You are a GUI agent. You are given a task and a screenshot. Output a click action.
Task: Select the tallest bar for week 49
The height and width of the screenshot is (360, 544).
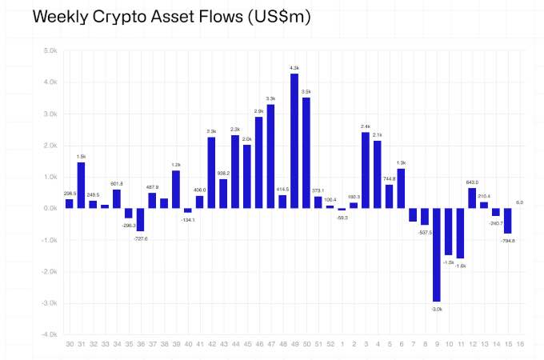(x=294, y=141)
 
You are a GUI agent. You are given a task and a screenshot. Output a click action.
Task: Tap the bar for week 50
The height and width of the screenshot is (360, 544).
(x=306, y=153)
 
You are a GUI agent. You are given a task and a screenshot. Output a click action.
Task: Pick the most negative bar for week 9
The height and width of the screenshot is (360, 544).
(x=437, y=255)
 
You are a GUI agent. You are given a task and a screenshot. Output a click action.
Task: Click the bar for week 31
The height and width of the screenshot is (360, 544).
(x=81, y=186)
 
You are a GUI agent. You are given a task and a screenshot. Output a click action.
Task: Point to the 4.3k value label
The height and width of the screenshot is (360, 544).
(x=294, y=68)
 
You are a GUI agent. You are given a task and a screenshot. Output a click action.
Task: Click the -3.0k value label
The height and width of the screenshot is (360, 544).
(x=437, y=308)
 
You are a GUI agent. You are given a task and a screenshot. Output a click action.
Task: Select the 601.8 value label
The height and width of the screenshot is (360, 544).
(x=117, y=183)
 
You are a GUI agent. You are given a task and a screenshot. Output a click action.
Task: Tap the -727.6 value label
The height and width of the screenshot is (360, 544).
(x=139, y=238)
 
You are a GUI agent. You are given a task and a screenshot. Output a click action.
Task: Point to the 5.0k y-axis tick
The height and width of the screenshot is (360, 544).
(x=50, y=50)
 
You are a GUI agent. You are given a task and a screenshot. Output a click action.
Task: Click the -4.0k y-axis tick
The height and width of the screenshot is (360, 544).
(x=50, y=334)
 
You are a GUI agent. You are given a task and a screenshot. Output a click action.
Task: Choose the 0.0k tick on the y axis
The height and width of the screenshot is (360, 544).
(x=50, y=208)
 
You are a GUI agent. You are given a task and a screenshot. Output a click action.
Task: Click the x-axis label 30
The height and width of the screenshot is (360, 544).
(x=70, y=345)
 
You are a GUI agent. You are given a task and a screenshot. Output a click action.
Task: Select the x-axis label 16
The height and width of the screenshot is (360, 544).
(x=520, y=345)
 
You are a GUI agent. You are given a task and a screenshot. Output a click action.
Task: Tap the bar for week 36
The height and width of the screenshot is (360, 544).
(x=140, y=220)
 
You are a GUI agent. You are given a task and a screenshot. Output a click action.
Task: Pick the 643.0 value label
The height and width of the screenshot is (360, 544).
(x=472, y=182)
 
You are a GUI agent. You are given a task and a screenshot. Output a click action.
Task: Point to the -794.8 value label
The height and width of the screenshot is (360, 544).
(x=508, y=240)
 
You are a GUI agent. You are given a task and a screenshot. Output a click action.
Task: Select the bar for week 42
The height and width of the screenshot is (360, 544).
(x=211, y=173)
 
